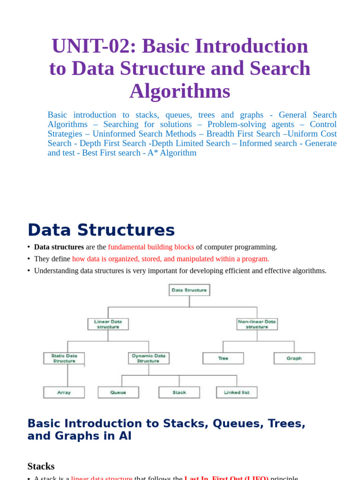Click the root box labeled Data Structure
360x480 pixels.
pos(189,290)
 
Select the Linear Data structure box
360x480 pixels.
pos(108,324)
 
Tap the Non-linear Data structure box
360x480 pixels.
pos(257,324)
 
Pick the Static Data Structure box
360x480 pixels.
pos(64,359)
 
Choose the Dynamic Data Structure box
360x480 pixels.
pos(149,359)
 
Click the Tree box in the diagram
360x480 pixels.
pos(223,359)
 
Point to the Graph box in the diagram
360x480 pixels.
pos(294,359)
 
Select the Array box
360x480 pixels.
pos(64,392)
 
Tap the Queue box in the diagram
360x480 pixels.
pos(118,392)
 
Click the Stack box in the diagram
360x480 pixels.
pos(179,392)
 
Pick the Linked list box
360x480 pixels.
pos(236,392)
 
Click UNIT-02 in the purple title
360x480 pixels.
pos(93,46)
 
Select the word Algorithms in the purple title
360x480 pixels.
pos(180,91)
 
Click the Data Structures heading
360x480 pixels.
pos(101,230)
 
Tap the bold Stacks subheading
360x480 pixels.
pos(41,466)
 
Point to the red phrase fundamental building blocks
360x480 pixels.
pos(151,247)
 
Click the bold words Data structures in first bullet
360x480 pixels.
pos(59,247)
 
